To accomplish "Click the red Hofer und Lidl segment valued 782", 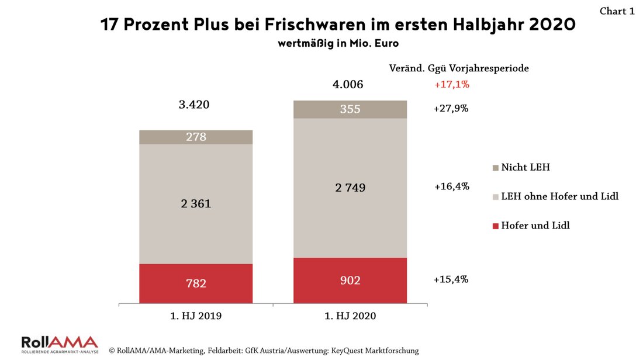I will pos(196,283).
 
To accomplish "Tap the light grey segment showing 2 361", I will pos(196,203).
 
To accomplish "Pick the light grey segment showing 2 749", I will pos(350,188).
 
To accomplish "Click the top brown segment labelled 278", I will pos(196,137).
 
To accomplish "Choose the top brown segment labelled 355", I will pos(350,109).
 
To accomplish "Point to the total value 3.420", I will pos(193,105).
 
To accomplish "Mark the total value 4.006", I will pos(348,85).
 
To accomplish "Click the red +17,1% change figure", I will pos(451,85).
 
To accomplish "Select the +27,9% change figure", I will pos(451,109).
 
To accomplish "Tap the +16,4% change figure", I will pos(451,187).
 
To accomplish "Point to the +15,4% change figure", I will pos(451,279).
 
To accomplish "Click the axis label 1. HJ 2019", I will pos(196,316).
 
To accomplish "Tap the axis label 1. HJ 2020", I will pos(350,316).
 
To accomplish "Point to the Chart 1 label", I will pos(617,11).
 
